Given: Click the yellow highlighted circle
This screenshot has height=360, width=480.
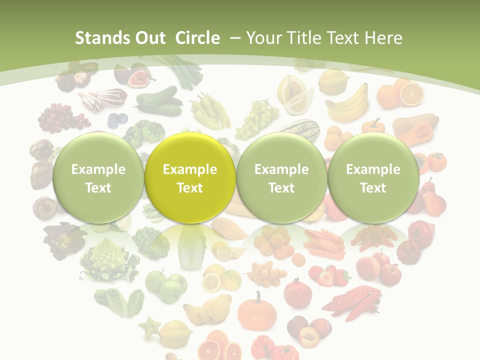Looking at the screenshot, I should click(x=189, y=178).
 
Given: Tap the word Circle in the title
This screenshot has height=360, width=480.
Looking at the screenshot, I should click(x=197, y=38).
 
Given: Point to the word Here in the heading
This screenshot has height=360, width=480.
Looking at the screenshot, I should click(x=382, y=38).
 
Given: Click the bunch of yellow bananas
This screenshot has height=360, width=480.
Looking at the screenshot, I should click(x=347, y=100).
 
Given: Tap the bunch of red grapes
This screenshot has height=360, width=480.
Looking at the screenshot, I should click(x=60, y=118).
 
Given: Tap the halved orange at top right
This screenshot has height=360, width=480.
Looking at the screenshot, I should click(x=411, y=93).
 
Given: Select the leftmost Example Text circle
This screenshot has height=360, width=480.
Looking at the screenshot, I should click(x=98, y=178).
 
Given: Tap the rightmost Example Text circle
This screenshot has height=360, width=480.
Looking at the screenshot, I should click(x=373, y=178).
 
